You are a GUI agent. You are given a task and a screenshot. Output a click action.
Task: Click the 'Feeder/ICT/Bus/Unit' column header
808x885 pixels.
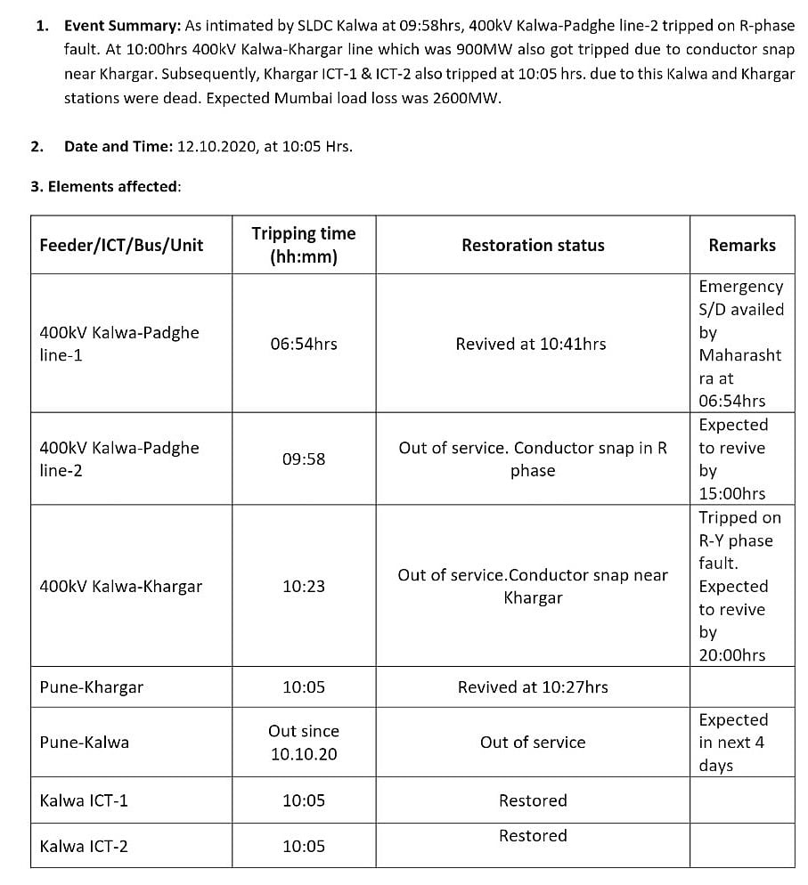pos(121,245)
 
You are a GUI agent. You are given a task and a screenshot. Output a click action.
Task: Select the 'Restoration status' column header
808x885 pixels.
pos(533,245)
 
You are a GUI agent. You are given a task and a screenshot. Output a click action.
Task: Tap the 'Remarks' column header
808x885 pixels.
pos(742,245)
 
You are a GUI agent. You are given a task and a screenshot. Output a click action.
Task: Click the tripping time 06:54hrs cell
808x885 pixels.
pos(304,344)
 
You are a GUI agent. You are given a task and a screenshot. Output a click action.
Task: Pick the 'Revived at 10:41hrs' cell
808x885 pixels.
pos(531,344)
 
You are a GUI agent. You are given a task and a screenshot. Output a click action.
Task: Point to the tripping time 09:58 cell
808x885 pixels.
pos(304,459)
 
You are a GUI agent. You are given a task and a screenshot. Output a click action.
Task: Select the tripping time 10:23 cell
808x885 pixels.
pos(304,587)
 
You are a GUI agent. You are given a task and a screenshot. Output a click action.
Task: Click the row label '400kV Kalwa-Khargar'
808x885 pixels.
pos(121,587)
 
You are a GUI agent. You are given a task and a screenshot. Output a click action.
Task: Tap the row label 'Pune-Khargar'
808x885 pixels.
pos(92,687)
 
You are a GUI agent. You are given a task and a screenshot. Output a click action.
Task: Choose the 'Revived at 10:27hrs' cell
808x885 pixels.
pos(533,687)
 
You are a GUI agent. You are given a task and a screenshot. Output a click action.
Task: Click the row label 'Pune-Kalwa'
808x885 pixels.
pos(85,743)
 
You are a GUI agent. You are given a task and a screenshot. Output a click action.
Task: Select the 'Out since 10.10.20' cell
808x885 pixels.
pos(304,743)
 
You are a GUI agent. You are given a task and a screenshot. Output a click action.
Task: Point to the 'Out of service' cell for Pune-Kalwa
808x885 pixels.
pos(533,743)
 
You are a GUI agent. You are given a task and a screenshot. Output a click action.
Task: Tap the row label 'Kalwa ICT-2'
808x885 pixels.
pos(84,847)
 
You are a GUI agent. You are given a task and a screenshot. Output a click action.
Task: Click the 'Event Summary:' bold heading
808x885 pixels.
pos(123,27)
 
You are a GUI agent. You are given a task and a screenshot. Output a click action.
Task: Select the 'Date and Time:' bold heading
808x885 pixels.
pos(118,146)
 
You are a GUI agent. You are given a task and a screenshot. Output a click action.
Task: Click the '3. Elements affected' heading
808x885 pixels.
pos(106,187)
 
